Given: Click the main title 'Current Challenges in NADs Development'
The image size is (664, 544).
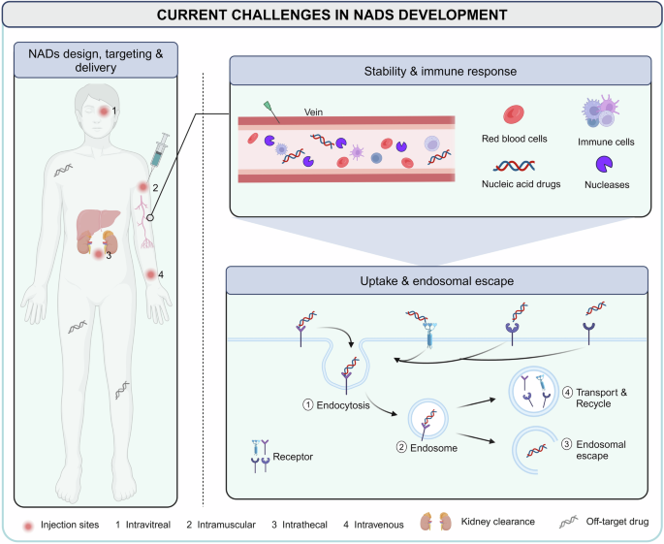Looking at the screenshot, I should [332, 15].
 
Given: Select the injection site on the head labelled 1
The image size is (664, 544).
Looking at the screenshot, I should [104, 112].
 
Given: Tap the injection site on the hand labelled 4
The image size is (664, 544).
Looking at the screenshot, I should [150, 275].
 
